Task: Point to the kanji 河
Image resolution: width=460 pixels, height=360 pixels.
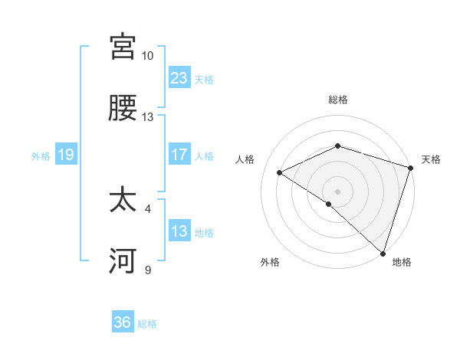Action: tap(123, 263)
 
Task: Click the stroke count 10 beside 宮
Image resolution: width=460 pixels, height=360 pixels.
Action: tap(147, 56)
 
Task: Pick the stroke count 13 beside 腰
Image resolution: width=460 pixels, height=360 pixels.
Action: tap(147, 117)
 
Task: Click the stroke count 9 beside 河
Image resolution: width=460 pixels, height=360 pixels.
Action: tap(148, 270)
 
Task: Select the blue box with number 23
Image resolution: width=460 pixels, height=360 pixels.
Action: tap(179, 78)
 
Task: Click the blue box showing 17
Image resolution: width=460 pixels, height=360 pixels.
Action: tap(179, 155)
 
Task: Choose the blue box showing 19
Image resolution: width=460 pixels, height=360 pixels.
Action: tap(66, 155)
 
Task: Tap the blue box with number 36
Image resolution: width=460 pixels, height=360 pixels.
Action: tap(123, 322)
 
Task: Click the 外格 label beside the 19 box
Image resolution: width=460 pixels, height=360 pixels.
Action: tap(41, 155)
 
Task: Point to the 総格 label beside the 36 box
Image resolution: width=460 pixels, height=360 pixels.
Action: tap(147, 323)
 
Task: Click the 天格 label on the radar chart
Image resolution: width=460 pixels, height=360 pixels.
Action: tap(432, 159)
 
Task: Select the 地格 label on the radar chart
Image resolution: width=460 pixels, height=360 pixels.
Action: tap(402, 262)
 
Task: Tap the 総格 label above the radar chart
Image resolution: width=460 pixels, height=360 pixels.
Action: tap(338, 100)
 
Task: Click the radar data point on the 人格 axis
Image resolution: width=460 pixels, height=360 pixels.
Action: tap(280, 173)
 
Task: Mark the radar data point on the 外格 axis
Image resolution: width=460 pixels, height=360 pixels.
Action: tap(329, 204)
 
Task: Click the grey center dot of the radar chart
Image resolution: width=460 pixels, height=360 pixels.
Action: tap(337, 191)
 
